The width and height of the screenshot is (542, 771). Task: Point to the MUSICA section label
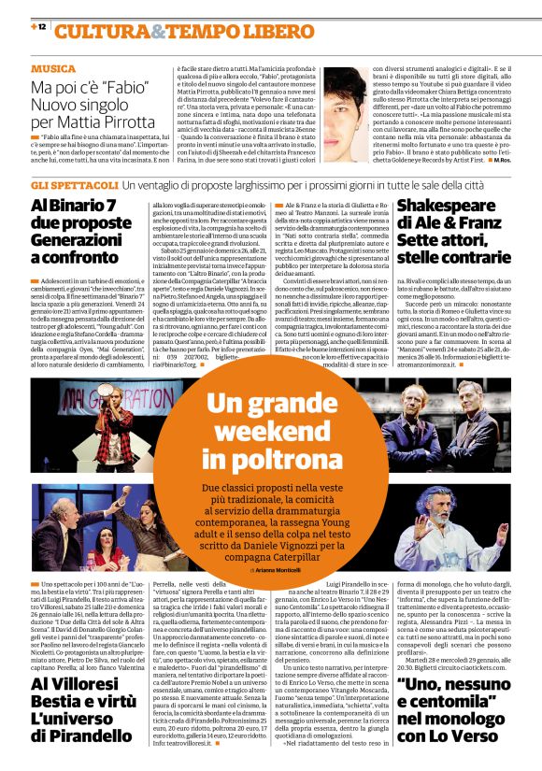(53, 69)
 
